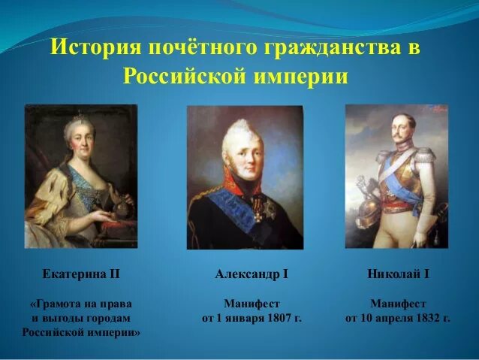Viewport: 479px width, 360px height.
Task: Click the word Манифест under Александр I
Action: pos(252,304)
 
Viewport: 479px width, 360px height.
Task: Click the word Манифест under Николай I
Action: pos(398,304)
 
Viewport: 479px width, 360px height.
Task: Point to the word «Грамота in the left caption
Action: pos(57,304)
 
